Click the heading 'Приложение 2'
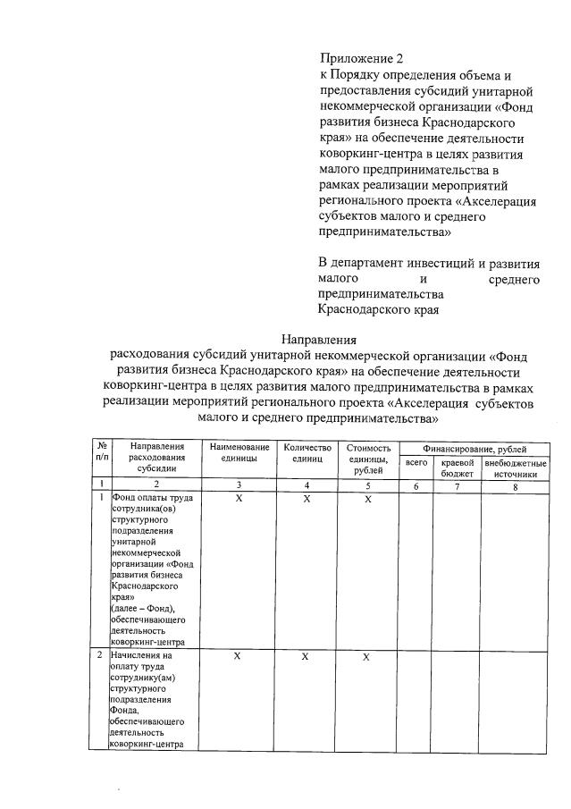point(356,59)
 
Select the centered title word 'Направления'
point(318,339)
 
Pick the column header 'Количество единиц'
point(306,452)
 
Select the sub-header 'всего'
point(416,463)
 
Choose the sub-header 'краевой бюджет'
point(457,468)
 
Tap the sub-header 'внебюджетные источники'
point(515,468)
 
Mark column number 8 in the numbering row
point(515,485)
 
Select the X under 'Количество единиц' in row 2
point(306,656)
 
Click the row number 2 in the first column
point(102,656)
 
